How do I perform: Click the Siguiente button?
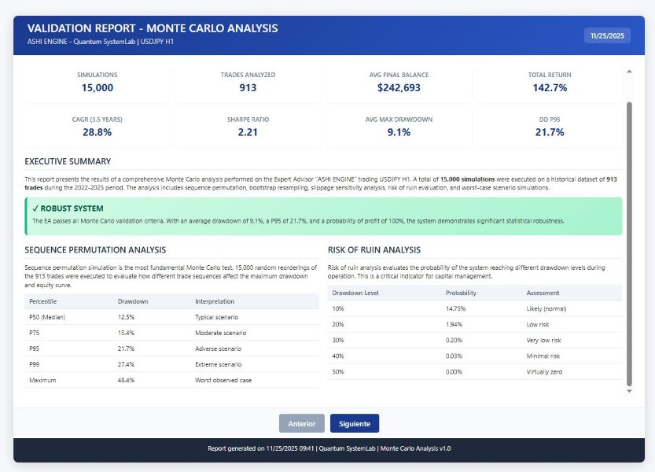(354, 423)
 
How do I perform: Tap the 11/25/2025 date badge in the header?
(607, 35)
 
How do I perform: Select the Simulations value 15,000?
(98, 88)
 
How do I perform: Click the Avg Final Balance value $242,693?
(399, 88)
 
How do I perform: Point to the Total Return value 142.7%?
(550, 88)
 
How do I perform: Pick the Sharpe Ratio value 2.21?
(248, 132)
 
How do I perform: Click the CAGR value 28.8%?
(98, 132)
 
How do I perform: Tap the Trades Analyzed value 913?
(248, 88)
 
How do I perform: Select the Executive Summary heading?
(68, 161)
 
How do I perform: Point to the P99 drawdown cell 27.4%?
(127, 364)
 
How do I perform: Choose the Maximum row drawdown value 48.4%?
(127, 380)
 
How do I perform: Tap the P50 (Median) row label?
(47, 317)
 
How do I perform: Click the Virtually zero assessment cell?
(545, 371)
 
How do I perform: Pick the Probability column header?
(461, 293)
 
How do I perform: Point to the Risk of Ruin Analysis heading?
(374, 250)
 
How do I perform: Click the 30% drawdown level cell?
(339, 340)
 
